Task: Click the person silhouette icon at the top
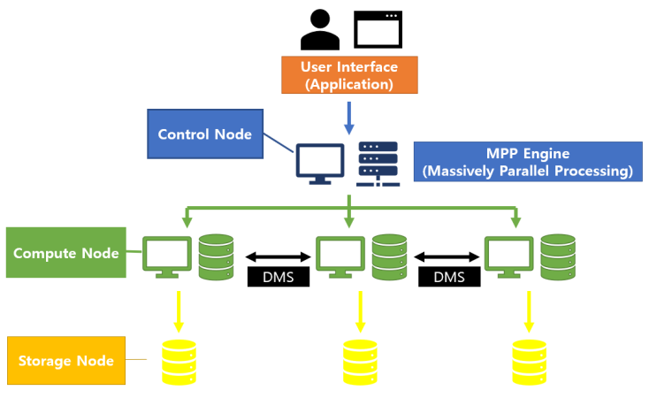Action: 319,29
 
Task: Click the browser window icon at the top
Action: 376,29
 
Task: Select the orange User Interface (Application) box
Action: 348,75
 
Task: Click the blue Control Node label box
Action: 204,134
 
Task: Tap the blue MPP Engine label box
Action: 528,161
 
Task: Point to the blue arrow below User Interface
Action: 348,116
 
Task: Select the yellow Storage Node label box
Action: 65,360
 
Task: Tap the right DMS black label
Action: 448,277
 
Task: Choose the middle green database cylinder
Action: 389,256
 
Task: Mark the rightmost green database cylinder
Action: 557,256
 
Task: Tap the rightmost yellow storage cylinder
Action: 529,362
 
